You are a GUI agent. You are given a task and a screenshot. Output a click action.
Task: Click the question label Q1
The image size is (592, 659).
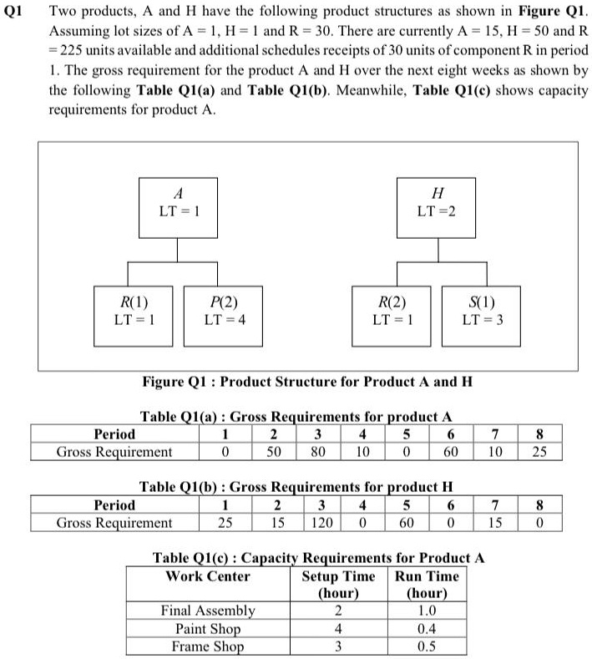coord(16,13)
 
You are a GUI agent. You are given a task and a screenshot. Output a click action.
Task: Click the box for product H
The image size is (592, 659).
coord(435,202)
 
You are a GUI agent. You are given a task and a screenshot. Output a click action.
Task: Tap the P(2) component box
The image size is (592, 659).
coord(224,311)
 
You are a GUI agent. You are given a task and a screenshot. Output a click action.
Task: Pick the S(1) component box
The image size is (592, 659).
coord(482,311)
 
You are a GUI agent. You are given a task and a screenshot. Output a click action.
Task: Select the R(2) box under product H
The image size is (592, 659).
coord(392,311)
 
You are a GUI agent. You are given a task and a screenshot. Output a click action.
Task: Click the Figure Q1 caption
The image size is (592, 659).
coord(307,382)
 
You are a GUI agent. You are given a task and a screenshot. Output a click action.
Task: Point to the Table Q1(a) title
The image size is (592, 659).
coord(296,416)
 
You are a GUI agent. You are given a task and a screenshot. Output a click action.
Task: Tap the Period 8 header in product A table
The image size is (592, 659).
coord(539,434)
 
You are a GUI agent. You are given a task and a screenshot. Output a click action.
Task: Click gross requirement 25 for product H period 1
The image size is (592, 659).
coord(225,523)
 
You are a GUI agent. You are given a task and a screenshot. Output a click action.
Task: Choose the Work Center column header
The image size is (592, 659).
coord(208,576)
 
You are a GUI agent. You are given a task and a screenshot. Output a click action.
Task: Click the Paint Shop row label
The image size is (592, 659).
coord(208,629)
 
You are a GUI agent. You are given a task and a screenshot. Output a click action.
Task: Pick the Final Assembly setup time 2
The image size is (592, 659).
coord(338,611)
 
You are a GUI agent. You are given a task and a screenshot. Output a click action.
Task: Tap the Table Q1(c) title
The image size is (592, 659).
coord(318,558)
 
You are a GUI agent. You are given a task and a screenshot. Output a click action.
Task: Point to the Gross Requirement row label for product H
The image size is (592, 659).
coord(114,523)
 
